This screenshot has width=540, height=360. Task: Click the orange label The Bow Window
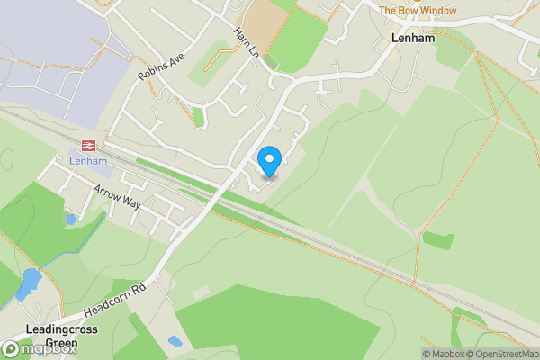pos(417,11)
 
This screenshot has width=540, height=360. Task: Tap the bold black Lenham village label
pos(412,39)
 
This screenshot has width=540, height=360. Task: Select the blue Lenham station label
pos(88,161)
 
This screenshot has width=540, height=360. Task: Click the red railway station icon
pos(88,144)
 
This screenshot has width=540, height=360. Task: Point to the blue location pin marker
pos(269,162)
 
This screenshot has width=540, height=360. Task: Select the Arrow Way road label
pos(117,196)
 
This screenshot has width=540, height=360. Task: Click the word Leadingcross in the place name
pos(61,329)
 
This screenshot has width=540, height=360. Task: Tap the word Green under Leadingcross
pos(61,343)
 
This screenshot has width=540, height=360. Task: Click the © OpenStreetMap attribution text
pos(506,354)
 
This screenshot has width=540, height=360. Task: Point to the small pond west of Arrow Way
pos(71,219)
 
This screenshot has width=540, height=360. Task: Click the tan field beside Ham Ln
pos(264,20)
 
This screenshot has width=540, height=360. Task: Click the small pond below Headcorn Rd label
pos(175,342)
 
